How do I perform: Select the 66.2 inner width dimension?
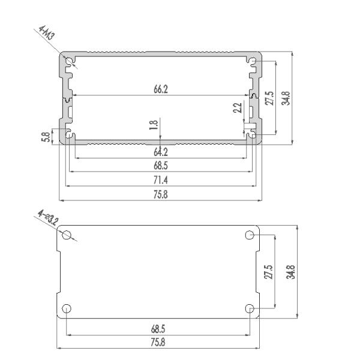pyautogui.click(x=160, y=89)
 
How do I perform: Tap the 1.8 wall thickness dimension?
pyautogui.click(x=154, y=125)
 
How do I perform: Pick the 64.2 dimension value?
pyautogui.click(x=160, y=152)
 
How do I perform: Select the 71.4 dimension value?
pyautogui.click(x=160, y=179)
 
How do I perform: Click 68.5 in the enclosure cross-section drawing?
pyautogui.click(x=160, y=166)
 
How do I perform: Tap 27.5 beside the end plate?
pyautogui.click(x=268, y=271)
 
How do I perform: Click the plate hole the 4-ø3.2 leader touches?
pyautogui.click(x=68, y=235)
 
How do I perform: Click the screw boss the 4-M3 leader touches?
pyautogui.click(x=70, y=61)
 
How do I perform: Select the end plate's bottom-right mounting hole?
pyautogui.click(x=250, y=308)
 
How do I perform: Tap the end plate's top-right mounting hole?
pyautogui.click(x=250, y=235)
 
